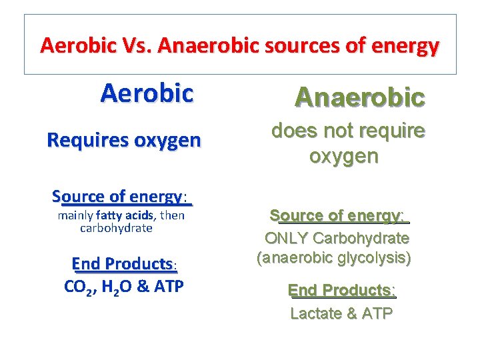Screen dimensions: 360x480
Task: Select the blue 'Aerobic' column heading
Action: pos(147,93)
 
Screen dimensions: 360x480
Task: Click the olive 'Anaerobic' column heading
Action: pos(360,97)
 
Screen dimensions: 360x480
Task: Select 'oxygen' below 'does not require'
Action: pos(343,157)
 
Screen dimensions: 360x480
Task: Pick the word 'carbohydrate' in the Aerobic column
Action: pos(116,228)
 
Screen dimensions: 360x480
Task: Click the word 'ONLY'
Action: pos(287,238)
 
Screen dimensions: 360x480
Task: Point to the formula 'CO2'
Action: pos(78,287)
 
